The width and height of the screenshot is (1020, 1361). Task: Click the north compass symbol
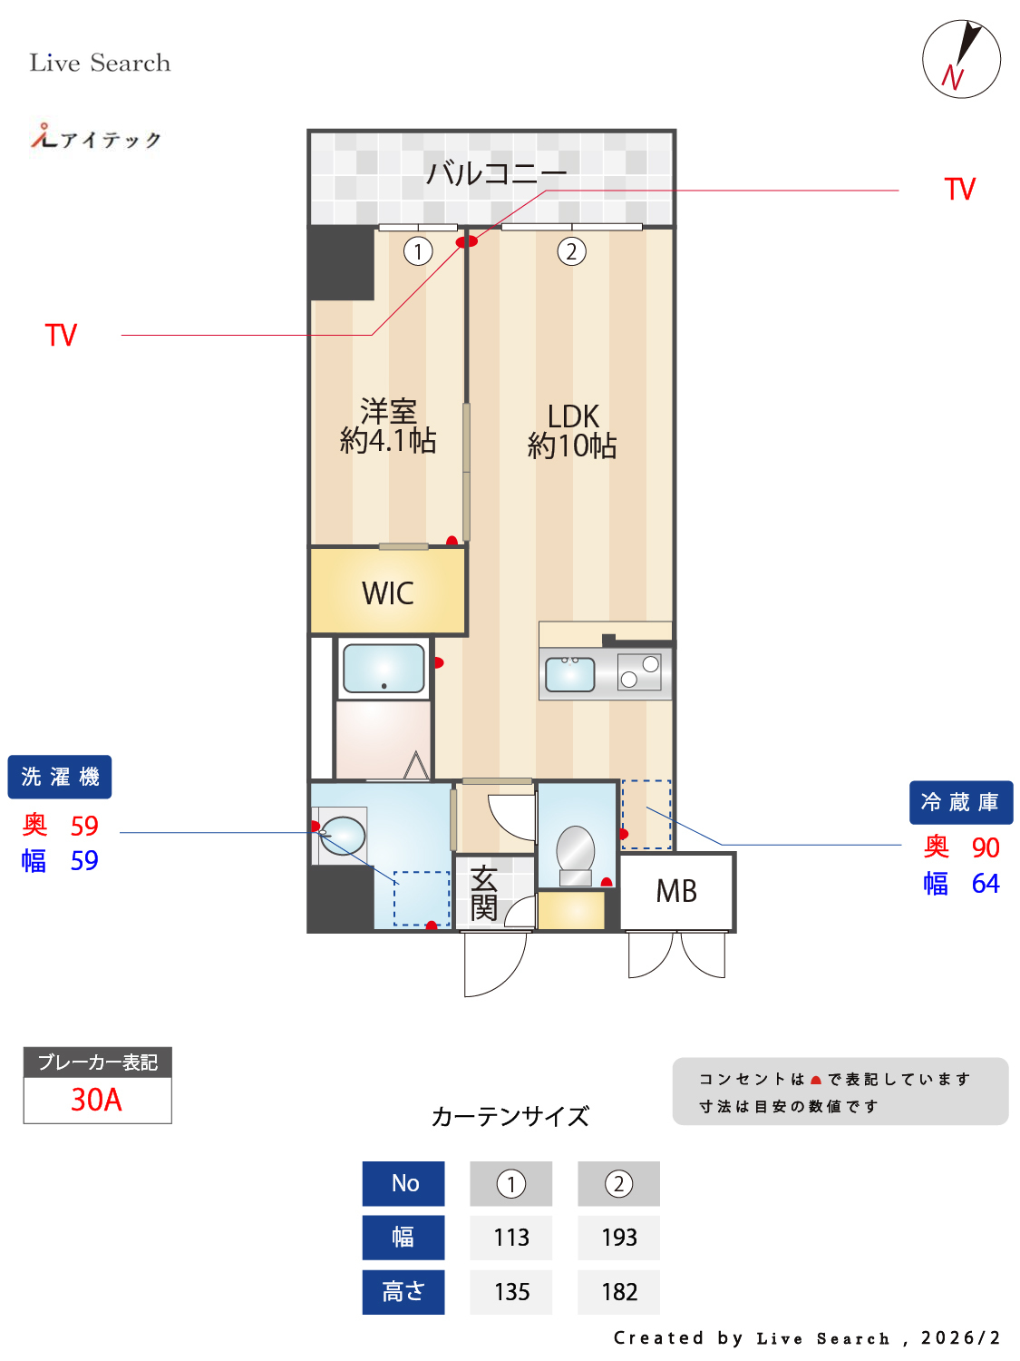pyautogui.click(x=961, y=59)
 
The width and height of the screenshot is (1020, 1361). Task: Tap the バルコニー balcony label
pyautogui.click(x=496, y=172)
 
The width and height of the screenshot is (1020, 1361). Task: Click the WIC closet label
pyautogui.click(x=388, y=593)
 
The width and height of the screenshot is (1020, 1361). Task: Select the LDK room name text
pyautogui.click(x=573, y=416)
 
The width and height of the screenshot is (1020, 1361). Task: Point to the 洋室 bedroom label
pyautogui.click(x=388, y=411)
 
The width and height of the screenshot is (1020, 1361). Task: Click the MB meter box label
pyautogui.click(x=676, y=891)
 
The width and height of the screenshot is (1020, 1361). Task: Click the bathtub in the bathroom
pyautogui.click(x=384, y=669)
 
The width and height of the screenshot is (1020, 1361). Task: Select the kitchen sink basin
pyautogui.click(x=570, y=674)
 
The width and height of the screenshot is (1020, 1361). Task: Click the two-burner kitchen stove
pyautogui.click(x=639, y=672)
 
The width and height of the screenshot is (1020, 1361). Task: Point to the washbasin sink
pyautogui.click(x=343, y=836)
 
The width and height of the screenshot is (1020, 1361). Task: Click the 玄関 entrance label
pyautogui.click(x=483, y=893)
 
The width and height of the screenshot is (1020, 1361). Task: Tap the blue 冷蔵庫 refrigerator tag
pyautogui.click(x=960, y=802)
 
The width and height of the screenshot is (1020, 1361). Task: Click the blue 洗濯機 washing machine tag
pyautogui.click(x=60, y=777)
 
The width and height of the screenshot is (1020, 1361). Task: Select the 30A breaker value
pyautogui.click(x=97, y=1100)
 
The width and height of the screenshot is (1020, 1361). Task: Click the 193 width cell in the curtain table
pyautogui.click(x=619, y=1238)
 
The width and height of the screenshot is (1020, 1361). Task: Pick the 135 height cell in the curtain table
pyautogui.click(x=511, y=1292)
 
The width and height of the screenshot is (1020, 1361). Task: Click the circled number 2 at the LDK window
pyautogui.click(x=571, y=251)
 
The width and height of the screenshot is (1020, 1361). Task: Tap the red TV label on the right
pyautogui.click(x=959, y=190)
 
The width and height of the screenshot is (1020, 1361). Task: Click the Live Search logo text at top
pyautogui.click(x=100, y=63)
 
